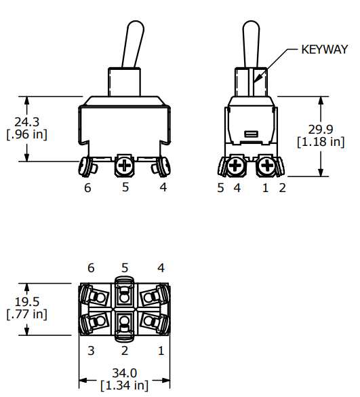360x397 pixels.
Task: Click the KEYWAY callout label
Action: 325,50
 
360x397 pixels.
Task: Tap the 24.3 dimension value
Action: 27,122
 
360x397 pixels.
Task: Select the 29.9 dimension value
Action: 321,130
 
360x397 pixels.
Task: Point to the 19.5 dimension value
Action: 27,302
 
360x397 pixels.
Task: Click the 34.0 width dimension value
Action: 125,373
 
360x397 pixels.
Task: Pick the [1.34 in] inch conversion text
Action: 125,385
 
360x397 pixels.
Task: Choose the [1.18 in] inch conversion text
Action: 321,142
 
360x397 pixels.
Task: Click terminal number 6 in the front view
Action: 87,188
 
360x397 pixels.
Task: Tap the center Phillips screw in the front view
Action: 125,166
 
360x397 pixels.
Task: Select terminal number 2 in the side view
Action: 282,188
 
